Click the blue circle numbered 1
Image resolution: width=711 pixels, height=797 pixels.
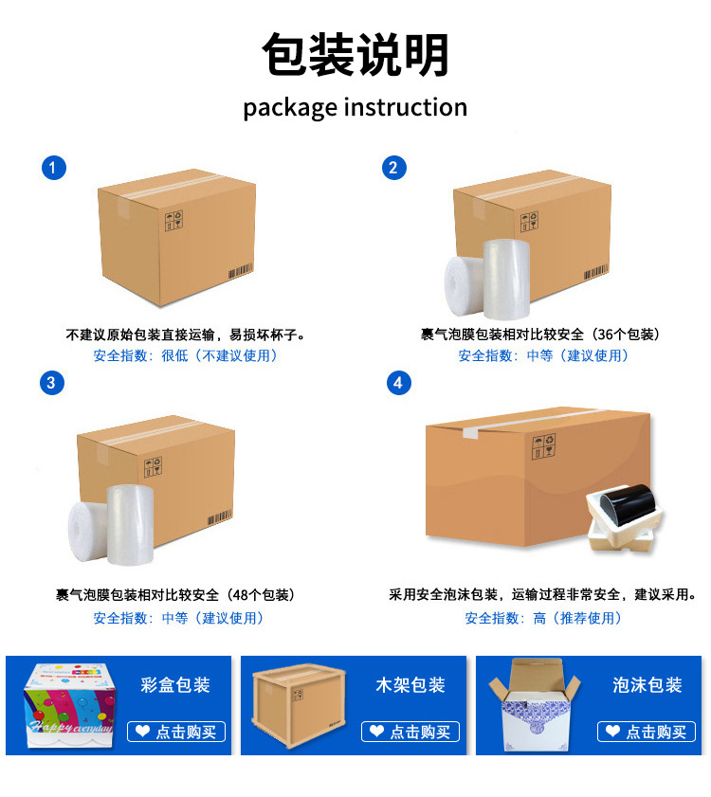[x=54, y=169]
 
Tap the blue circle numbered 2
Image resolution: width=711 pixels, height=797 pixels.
[x=394, y=169]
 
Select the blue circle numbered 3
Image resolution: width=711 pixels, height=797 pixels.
[x=52, y=383]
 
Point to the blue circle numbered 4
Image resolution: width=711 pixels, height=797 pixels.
[x=399, y=383]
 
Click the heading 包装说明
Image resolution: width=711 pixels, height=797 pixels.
[x=355, y=55]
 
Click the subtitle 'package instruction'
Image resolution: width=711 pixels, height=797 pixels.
[x=355, y=107]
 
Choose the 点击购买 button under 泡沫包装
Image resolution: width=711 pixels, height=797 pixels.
[x=647, y=732]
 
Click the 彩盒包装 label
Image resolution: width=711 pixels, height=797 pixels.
[x=175, y=685]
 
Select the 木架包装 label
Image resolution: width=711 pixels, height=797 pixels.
[x=410, y=685]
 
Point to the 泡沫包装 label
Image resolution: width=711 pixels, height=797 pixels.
[x=647, y=685]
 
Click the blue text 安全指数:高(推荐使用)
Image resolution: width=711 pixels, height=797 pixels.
[x=544, y=618]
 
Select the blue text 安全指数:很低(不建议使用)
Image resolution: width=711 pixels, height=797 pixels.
[x=187, y=355]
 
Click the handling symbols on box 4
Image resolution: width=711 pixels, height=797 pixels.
[x=543, y=445]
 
